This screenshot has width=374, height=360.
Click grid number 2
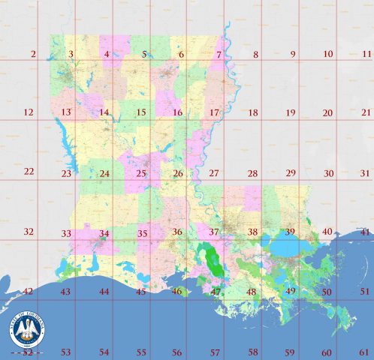pyautogui.click(x=32, y=54)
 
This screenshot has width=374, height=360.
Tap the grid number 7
pyautogui.click(x=219, y=55)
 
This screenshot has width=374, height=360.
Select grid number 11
pyautogui.click(x=366, y=54)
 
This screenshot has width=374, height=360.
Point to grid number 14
pyautogui.click(x=104, y=113)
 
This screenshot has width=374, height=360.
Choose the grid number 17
pyautogui.click(x=214, y=113)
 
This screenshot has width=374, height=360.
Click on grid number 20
pyautogui.click(x=327, y=113)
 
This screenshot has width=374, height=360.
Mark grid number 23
pyautogui.click(x=66, y=174)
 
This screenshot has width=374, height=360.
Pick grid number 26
pyautogui.click(x=177, y=174)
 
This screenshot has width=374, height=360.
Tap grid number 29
pyautogui.click(x=290, y=172)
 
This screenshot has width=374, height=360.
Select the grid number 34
pyautogui.click(x=104, y=233)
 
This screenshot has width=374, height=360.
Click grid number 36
pyautogui.click(x=177, y=232)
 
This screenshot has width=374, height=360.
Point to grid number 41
pyautogui.click(x=365, y=232)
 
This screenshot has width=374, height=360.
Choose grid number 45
pyautogui.click(x=140, y=292)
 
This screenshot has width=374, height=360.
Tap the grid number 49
pyautogui.click(x=291, y=290)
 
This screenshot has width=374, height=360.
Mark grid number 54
pyautogui.click(x=104, y=352)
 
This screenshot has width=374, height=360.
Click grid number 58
pyautogui.click(x=253, y=351)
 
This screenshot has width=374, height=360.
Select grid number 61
pyautogui.click(x=365, y=351)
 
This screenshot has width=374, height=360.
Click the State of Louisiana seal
pyautogui.click(x=28, y=329)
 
